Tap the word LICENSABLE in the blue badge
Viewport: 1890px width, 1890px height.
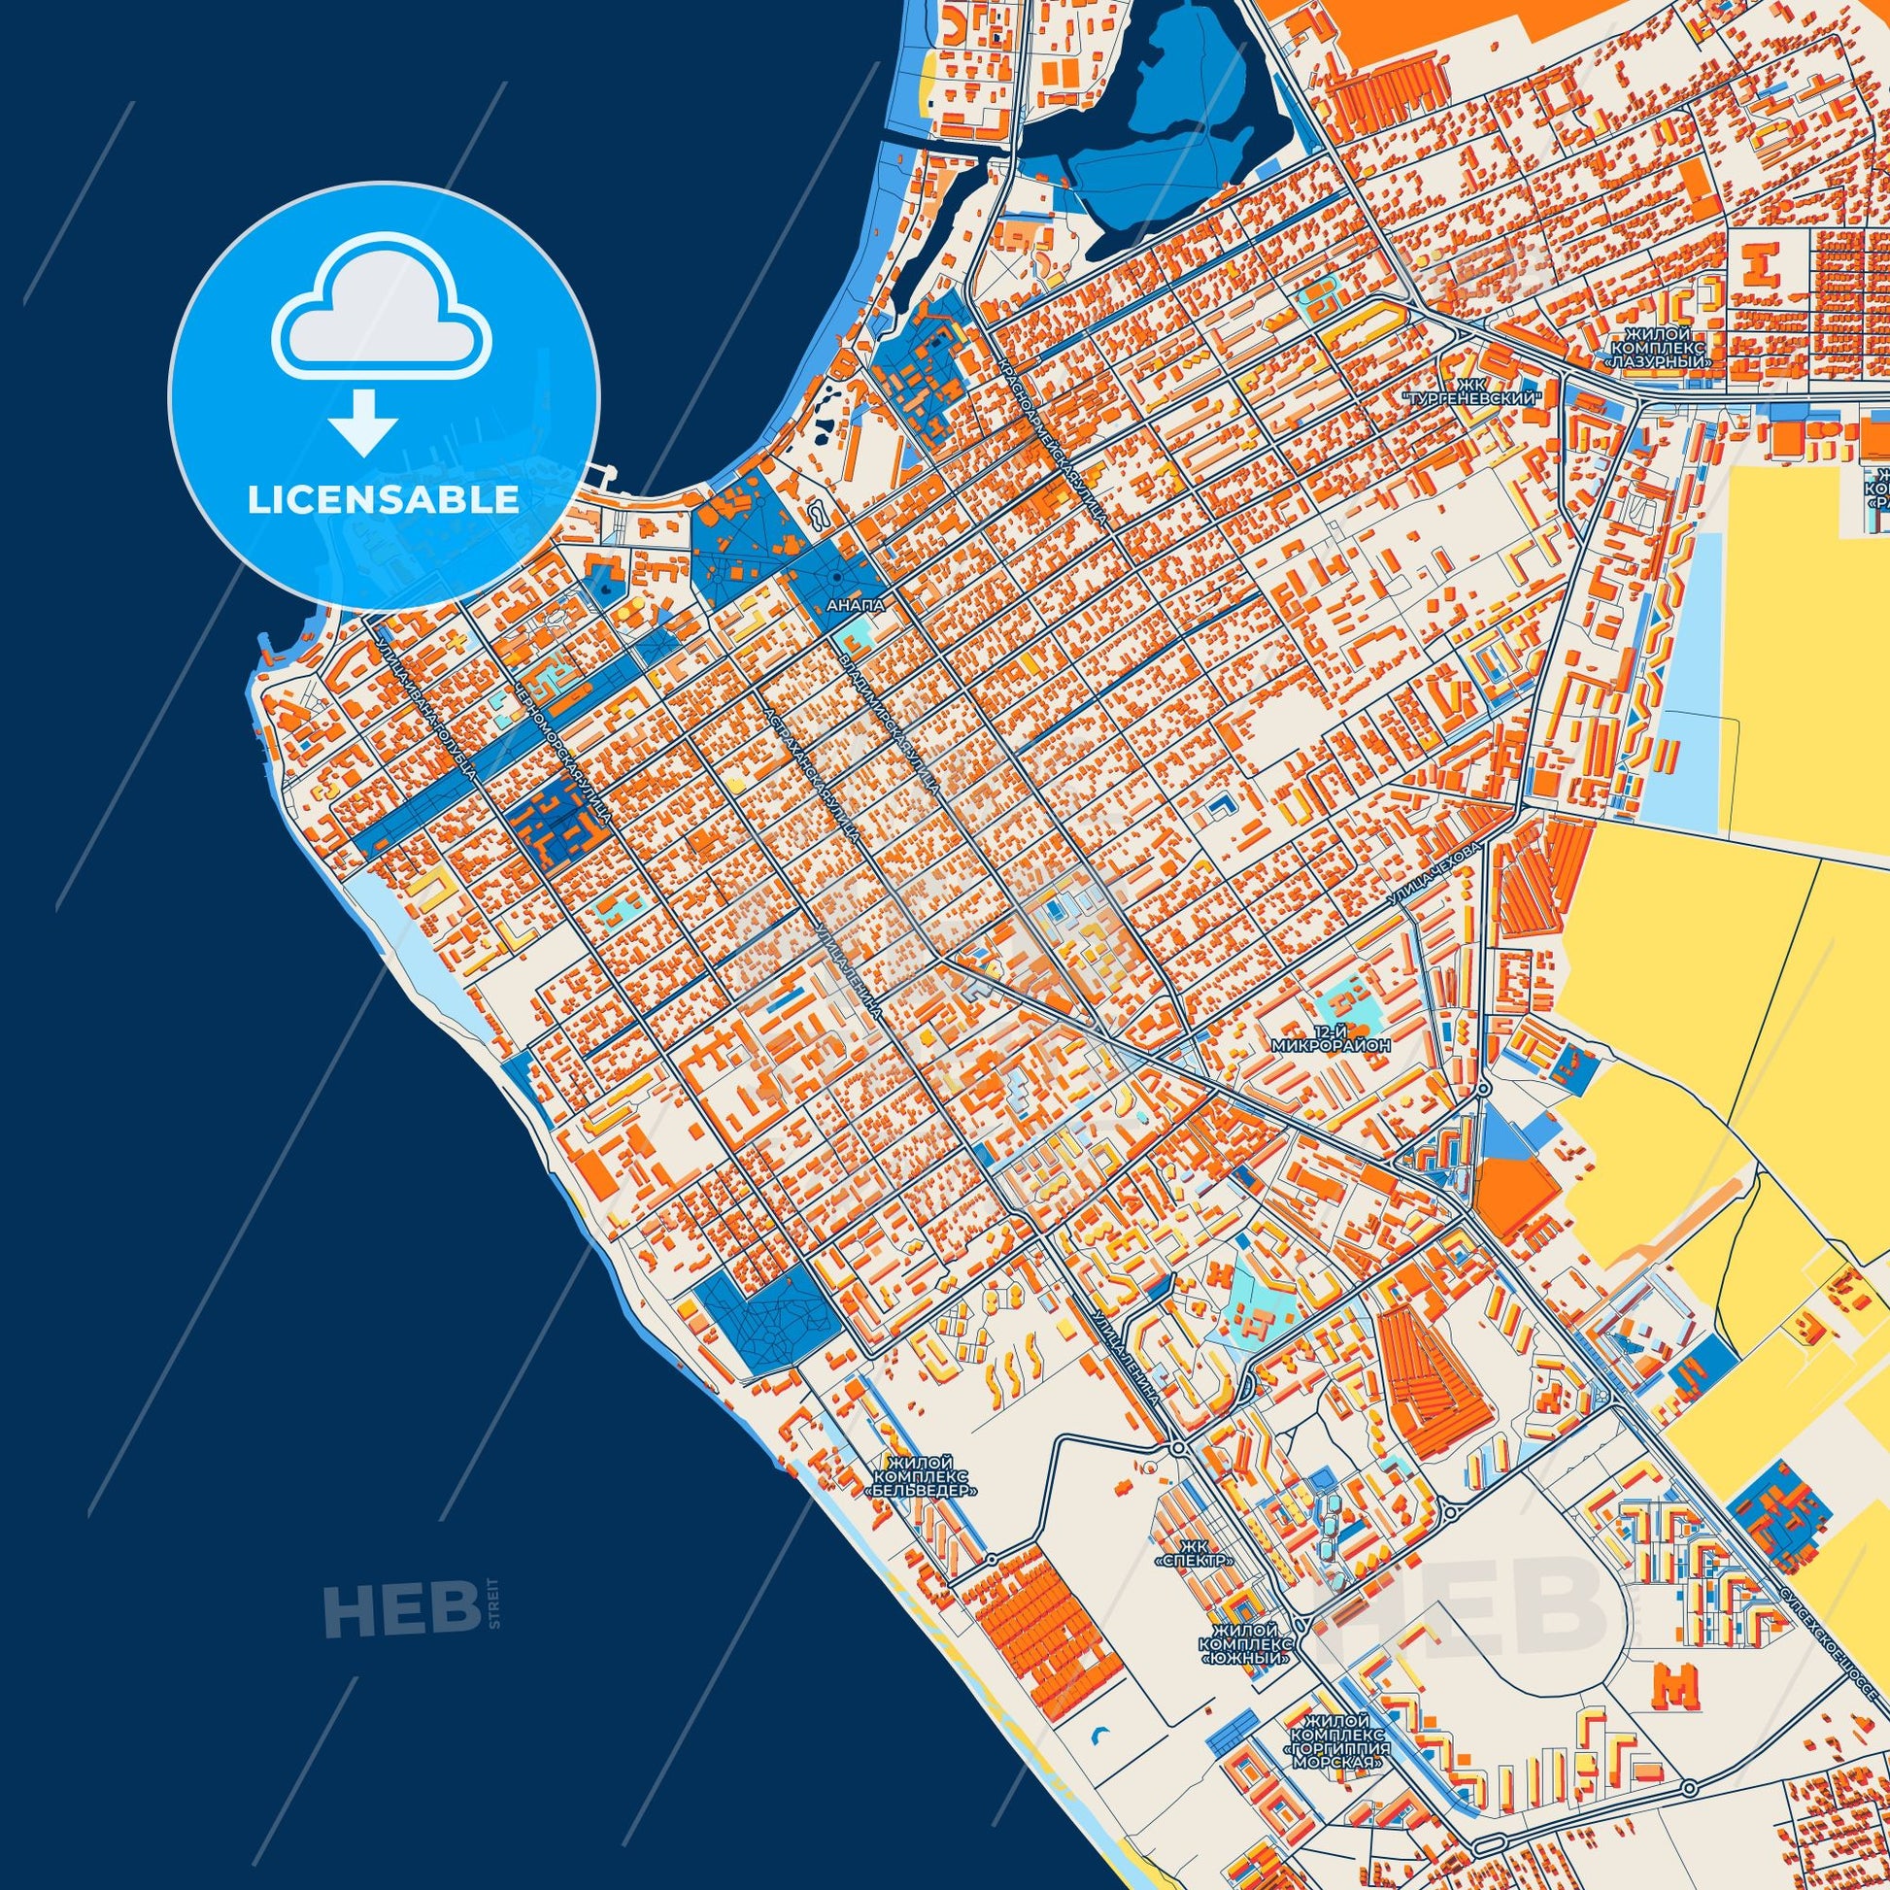pos(383,500)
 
